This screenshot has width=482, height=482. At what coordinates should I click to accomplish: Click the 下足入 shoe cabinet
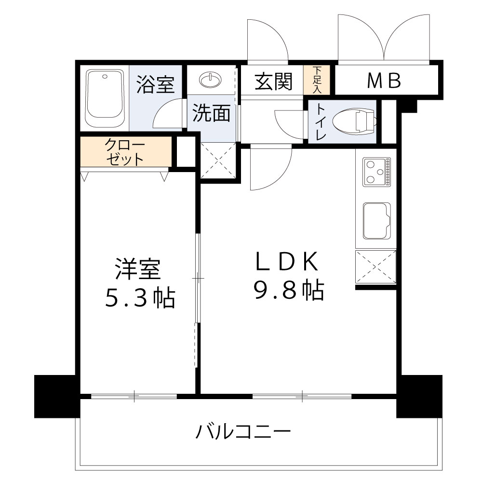pyautogui.click(x=317, y=80)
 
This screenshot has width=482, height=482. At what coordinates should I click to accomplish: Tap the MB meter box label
pyautogui.click(x=384, y=81)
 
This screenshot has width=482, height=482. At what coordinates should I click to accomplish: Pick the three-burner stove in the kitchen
pyautogui.click(x=376, y=172)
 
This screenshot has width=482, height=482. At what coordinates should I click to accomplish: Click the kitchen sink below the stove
pyautogui.click(x=376, y=220)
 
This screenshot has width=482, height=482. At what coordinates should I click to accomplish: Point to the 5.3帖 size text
pyautogui.click(x=140, y=299)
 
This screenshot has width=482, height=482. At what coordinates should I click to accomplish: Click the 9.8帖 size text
pyautogui.click(x=289, y=290)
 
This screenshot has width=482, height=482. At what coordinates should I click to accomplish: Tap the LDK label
pyautogui.click(x=287, y=262)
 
